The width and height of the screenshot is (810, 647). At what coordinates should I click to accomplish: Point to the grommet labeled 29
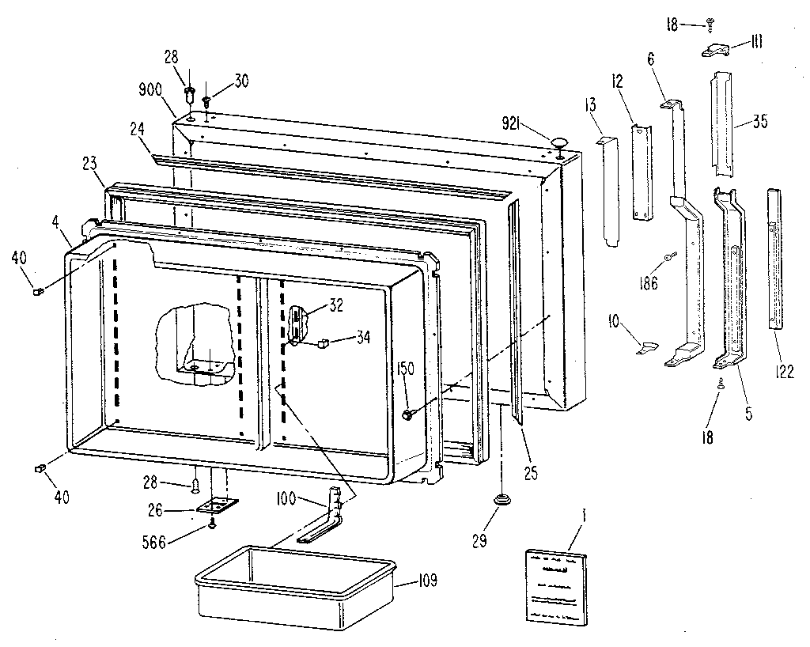pos(501,500)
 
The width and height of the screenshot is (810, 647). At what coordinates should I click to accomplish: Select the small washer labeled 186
pos(670,255)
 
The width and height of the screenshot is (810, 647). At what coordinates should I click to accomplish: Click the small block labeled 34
pos(323,342)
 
